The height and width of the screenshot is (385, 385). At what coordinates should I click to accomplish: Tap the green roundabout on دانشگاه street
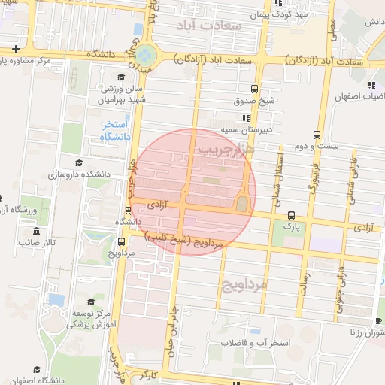(146, 55)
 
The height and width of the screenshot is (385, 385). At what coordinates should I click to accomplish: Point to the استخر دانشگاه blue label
(117, 130)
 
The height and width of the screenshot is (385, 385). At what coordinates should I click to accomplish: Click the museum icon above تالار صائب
(36, 229)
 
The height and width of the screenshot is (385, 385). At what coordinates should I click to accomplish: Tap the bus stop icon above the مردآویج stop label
(122, 241)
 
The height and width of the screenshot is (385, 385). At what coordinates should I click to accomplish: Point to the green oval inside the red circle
(241, 203)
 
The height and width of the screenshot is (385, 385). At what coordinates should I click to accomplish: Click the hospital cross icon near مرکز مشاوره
(16, 49)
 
